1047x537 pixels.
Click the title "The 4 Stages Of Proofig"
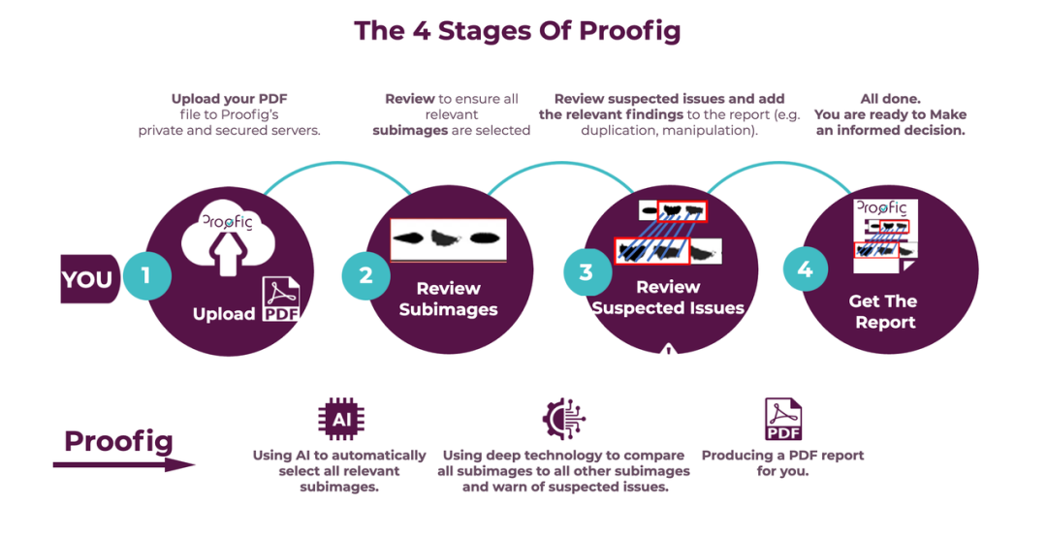point(517,31)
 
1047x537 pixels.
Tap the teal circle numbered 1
point(145,275)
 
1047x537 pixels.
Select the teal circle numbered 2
point(365,275)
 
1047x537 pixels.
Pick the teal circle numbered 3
point(586,272)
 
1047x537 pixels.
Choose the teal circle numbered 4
point(805,269)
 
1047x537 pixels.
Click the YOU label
point(87,279)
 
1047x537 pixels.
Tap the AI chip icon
point(341,419)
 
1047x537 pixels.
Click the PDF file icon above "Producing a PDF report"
point(782,419)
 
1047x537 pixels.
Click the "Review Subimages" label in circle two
point(448,299)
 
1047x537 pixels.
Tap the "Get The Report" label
point(883,311)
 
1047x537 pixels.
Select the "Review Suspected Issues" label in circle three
point(668,298)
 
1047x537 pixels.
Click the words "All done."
point(890,99)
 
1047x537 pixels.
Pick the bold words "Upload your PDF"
point(229,99)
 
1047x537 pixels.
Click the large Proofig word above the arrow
point(118,442)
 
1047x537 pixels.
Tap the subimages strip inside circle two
point(448,239)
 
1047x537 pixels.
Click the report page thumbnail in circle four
point(883,236)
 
